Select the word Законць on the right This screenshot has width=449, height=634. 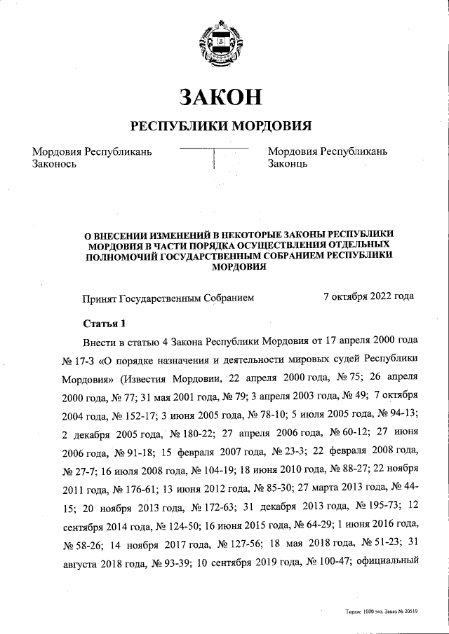click(288, 164)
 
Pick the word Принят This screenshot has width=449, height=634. click(100, 297)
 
